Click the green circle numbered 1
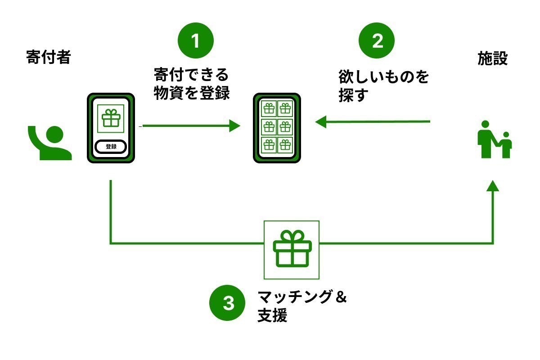point(195,40)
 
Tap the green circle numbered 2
point(376,40)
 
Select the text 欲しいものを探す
point(383,86)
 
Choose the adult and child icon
point(494,139)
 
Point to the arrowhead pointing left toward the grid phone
point(321,122)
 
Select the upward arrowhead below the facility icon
point(493,185)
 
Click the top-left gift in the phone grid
point(269,108)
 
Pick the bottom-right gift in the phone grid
point(285,144)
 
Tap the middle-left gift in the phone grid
point(269,126)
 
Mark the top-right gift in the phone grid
point(285,108)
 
